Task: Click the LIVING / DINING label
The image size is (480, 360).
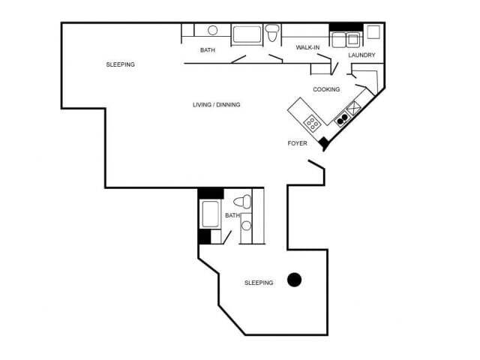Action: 216,104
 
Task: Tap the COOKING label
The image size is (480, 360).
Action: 326,89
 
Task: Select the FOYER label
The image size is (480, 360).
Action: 298,142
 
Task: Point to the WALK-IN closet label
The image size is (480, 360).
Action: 309,47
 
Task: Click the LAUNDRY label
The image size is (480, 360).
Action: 361,55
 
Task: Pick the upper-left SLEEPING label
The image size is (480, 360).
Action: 120,64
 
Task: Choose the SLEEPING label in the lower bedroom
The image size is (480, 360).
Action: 259,283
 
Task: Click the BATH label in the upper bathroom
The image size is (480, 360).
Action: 208,50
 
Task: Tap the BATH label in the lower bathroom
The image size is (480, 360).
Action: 232,215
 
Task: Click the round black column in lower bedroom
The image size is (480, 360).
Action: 295,279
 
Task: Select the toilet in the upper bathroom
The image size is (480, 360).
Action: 272,31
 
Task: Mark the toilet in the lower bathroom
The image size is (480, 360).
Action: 241,201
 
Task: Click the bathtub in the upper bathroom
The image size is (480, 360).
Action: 246,34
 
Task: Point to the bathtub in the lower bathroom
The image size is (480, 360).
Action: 211,214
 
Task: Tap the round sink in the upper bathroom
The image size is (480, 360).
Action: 212,31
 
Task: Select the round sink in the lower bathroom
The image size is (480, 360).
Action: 246,226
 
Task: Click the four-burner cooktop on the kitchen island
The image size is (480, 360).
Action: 311,121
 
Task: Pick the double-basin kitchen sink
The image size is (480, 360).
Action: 343,117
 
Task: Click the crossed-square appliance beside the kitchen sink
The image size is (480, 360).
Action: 354,107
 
